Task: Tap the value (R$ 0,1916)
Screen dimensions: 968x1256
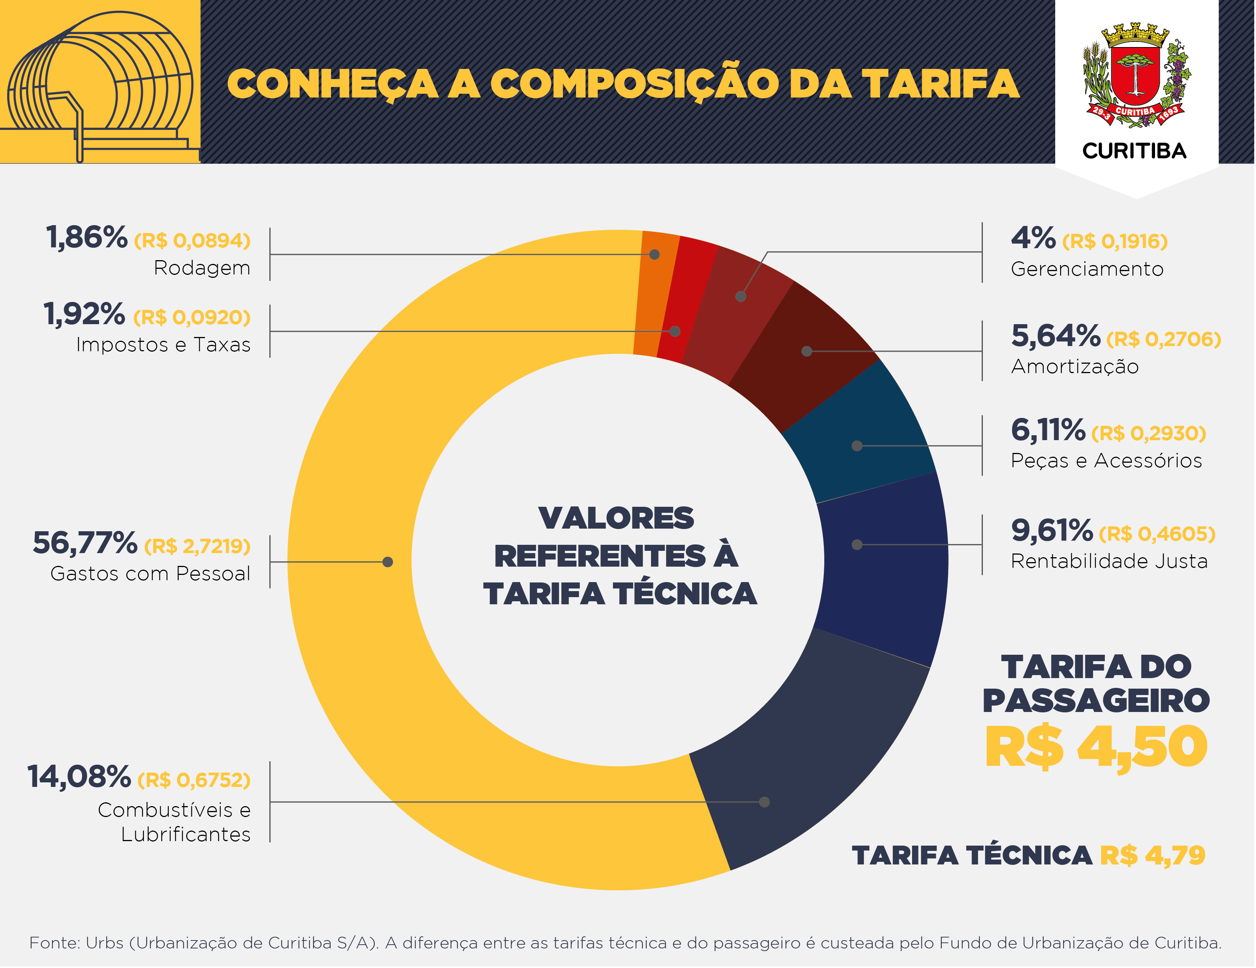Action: click(1114, 241)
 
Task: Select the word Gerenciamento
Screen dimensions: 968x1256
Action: click(1087, 269)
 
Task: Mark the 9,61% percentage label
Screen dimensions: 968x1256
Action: click(1051, 530)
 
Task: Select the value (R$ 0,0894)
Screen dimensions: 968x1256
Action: click(192, 240)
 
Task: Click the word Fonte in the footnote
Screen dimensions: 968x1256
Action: click(55, 943)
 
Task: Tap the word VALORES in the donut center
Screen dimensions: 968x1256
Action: click(616, 518)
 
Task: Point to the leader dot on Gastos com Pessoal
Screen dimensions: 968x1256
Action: click(388, 562)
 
